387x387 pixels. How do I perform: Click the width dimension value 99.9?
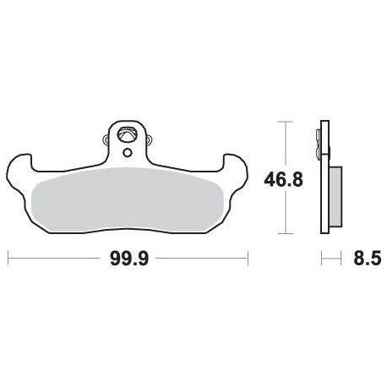(129, 259)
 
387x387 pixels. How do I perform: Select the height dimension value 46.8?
(283, 180)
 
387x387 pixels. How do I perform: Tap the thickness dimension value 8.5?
(368, 258)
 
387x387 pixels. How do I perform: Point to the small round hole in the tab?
(128, 153)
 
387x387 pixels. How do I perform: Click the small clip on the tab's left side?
(106, 139)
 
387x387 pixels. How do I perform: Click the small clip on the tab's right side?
(149, 139)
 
